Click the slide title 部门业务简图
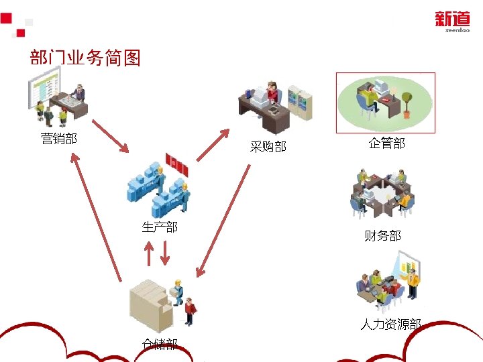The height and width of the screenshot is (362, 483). point(85,58)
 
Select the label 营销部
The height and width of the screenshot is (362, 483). point(59,139)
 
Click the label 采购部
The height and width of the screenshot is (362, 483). point(268,146)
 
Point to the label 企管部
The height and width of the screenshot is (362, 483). point(386,143)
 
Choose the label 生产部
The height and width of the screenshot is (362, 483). point(160,227)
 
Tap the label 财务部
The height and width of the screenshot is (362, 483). point(382,235)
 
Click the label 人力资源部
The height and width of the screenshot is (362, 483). point(390,324)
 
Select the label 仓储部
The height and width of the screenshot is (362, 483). point(160,344)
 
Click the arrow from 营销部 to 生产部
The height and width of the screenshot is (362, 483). point(110,137)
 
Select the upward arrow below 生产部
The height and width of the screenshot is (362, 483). point(149,251)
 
